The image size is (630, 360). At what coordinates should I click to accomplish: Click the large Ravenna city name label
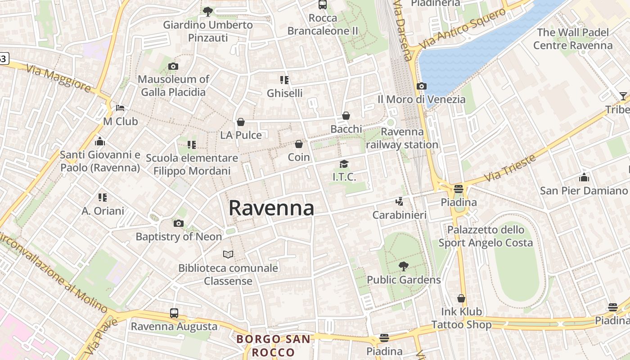click(271, 208)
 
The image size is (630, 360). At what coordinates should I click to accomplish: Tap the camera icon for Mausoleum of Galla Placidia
click(173, 67)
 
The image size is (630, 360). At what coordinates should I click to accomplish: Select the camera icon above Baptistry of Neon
click(179, 223)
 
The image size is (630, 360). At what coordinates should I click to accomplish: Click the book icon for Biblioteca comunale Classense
click(228, 255)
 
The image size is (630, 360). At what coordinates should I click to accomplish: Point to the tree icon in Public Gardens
click(404, 266)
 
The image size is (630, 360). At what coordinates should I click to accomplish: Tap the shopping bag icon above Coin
click(299, 144)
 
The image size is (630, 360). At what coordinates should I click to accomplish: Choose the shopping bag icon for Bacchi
click(346, 116)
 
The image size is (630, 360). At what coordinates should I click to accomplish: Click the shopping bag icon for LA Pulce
click(241, 122)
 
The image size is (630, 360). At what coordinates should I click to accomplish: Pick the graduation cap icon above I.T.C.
click(344, 164)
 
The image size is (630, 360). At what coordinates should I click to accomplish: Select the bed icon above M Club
click(120, 108)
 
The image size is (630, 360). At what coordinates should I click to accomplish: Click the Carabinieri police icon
click(399, 202)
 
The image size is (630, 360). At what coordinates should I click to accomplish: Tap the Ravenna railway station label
click(402, 138)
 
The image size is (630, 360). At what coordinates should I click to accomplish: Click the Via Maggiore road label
click(58, 79)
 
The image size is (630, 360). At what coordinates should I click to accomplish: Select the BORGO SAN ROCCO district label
click(273, 345)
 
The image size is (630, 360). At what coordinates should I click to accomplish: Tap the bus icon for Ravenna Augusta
click(174, 313)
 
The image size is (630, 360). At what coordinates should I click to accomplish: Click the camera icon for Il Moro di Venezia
click(422, 86)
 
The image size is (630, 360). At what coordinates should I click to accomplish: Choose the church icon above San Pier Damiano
click(584, 177)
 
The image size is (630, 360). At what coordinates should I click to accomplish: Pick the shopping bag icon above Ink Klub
click(461, 298)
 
